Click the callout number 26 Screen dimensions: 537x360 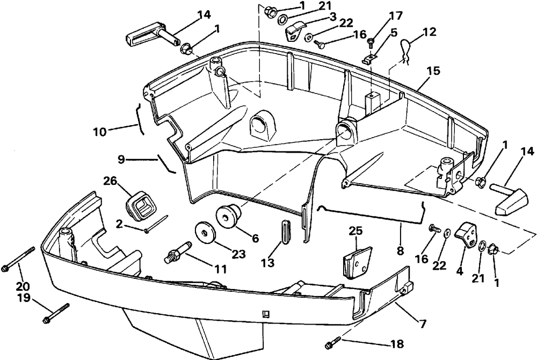pos(110,181)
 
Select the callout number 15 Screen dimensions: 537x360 pos(433,71)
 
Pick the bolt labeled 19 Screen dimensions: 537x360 pos(56,313)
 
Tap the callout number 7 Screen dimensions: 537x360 pos(422,323)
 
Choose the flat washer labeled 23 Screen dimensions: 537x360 pos(206,233)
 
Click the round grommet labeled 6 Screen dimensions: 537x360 pos(228,215)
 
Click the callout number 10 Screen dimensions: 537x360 pos(100,132)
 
